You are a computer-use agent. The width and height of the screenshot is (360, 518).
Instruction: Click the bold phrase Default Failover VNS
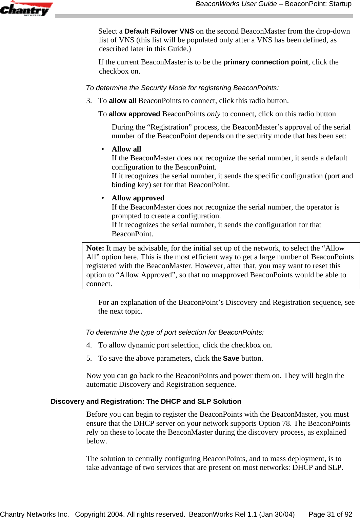[159, 31]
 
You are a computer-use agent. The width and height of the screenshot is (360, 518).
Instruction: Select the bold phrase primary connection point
[266, 62]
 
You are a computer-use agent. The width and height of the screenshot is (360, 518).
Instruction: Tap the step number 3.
[89, 101]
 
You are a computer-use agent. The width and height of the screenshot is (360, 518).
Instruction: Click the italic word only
[214, 114]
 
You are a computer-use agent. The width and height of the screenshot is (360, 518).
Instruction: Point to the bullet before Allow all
[103, 149]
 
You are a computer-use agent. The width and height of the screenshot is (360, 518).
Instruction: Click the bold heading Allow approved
[138, 198]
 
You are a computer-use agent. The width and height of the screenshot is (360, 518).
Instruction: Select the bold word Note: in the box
[95, 248]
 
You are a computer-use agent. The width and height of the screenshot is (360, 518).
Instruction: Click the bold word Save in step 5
[231, 358]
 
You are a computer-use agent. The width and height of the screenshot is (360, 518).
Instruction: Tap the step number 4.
[89, 345]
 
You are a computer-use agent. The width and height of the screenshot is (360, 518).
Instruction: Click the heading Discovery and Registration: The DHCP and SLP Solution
[146, 401]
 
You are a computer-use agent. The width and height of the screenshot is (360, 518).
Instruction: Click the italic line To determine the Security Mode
[182, 88]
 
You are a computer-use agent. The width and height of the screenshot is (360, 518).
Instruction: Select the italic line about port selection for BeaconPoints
[175, 332]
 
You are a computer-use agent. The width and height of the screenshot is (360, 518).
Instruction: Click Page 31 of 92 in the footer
[330, 514]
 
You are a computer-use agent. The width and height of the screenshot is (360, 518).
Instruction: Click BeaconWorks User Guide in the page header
[236, 4]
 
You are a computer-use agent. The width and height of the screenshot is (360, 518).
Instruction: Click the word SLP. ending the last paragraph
[335, 467]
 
